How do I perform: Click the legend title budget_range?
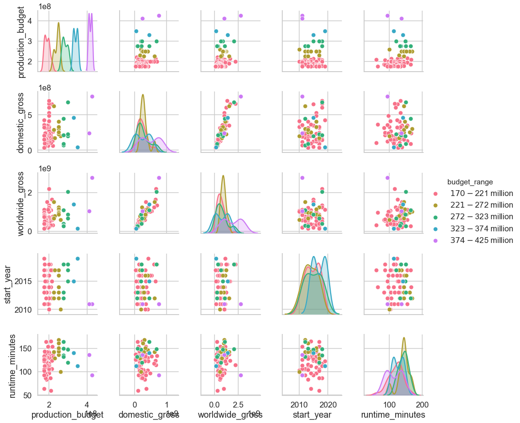point(470,182)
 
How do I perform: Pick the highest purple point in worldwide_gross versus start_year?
point(302,178)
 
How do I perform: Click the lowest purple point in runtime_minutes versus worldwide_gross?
point(241,375)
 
